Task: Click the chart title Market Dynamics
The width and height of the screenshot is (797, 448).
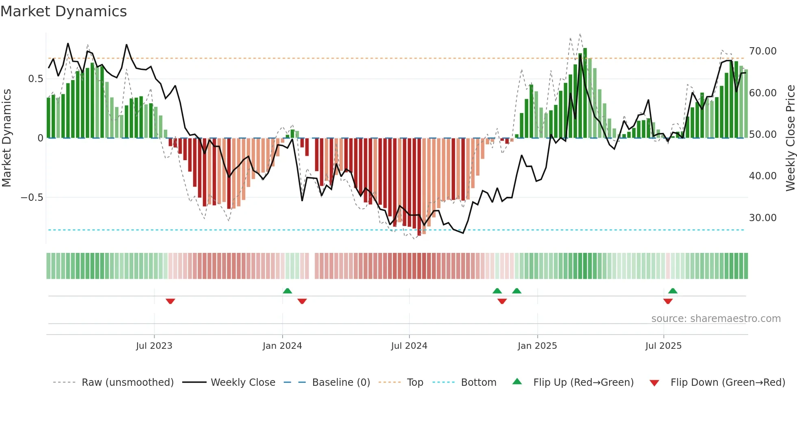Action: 63,11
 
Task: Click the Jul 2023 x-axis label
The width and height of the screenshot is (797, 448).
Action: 154,346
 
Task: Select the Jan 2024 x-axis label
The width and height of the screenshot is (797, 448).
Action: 282,346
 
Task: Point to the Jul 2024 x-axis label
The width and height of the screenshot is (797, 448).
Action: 409,346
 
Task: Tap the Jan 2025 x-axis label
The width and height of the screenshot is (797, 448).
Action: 537,346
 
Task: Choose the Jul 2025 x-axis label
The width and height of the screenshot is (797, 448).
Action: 663,346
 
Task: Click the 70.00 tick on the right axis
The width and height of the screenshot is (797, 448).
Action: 762,51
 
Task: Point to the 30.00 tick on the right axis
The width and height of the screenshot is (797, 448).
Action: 762,218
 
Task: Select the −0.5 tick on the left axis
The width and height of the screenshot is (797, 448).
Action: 32,198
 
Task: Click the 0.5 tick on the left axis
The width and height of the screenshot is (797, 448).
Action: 35,79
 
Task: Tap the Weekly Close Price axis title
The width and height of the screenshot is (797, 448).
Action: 790,138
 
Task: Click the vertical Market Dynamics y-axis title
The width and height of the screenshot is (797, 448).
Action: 7,138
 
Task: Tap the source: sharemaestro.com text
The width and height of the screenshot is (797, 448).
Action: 716,319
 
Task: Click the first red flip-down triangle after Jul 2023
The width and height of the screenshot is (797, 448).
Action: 170,301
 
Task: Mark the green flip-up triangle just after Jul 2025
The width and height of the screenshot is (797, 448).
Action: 673,291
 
